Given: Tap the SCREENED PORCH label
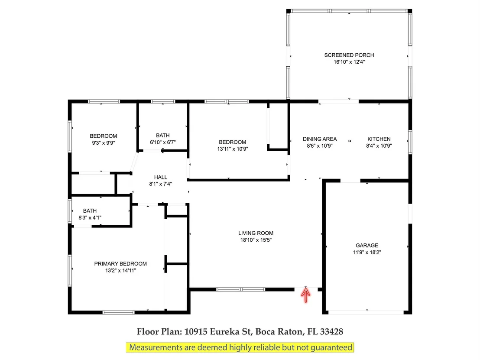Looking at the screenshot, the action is click(x=349, y=55).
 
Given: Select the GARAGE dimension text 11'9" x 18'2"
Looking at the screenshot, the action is click(x=367, y=252).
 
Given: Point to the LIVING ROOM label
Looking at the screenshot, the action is click(x=256, y=233).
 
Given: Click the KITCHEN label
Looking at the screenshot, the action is click(x=379, y=139).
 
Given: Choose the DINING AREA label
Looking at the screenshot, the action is click(x=320, y=139).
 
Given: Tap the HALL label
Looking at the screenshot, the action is click(x=160, y=177).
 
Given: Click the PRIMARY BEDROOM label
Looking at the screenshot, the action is click(x=120, y=263).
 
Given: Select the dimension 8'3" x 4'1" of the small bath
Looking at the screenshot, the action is click(x=90, y=217).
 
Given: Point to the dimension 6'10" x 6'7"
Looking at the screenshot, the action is click(x=162, y=142).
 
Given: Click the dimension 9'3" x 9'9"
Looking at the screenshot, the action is click(x=103, y=143).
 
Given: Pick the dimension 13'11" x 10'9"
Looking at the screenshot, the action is click(x=232, y=149).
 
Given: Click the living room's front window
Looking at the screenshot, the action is click(x=240, y=289).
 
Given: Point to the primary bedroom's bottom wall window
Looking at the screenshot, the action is click(x=118, y=312).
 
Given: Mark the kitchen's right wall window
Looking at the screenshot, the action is click(x=410, y=142).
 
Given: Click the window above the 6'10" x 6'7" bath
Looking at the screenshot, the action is click(x=163, y=101).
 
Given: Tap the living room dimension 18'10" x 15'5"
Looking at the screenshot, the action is click(x=256, y=240).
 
